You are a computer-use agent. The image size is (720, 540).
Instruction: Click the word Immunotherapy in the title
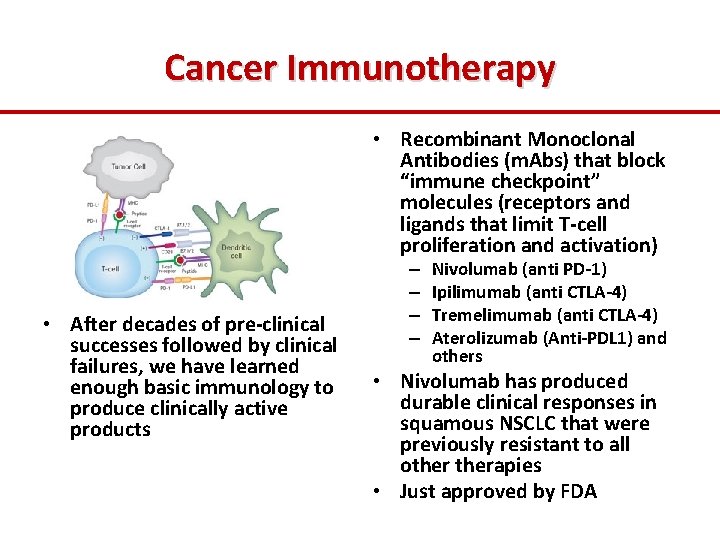pos(420,67)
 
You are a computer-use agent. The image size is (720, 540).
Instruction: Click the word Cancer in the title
pos(221,67)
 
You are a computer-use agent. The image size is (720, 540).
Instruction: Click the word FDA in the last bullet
pos(578,491)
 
